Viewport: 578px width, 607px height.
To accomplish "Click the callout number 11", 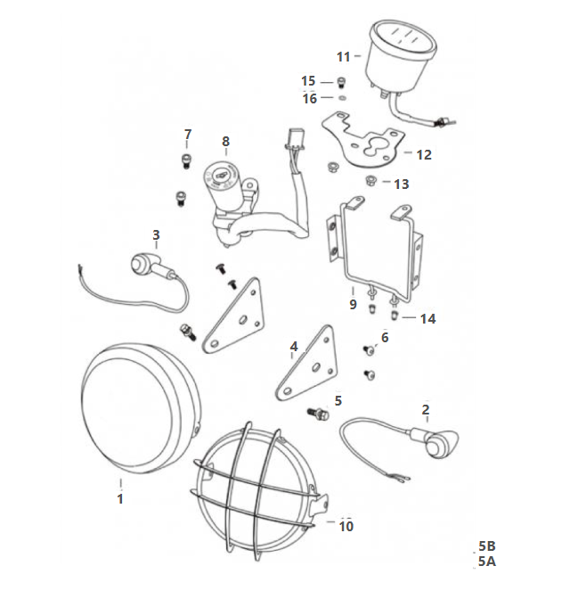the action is [344, 57].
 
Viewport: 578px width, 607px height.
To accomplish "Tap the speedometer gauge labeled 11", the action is [403, 58].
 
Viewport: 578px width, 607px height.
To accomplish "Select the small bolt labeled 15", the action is [341, 83].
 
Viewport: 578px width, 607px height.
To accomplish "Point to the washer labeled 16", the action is [342, 97].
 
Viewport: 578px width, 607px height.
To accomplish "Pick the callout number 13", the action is [401, 185].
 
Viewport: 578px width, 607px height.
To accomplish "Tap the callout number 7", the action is [188, 135].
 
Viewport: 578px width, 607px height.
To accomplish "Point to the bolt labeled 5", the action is [318, 414].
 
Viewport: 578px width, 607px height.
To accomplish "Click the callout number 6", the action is [385, 337].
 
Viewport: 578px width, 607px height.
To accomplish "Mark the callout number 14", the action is [427, 318].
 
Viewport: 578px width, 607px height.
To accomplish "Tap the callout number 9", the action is [353, 304].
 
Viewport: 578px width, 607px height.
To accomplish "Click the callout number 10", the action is [346, 526].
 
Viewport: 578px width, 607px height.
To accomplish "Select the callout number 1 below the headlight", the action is [120, 498].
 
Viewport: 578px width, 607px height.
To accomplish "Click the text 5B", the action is [487, 545].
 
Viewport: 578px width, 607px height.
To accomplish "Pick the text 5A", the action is [487, 561].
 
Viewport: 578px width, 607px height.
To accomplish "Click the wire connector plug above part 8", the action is [295, 139].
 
